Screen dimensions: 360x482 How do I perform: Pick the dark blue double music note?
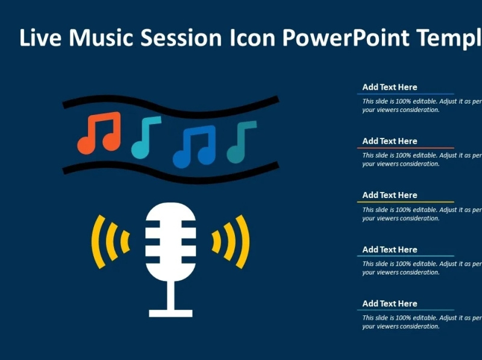pyautogui.click(x=195, y=146)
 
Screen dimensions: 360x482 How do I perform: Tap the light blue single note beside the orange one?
pyautogui.click(x=145, y=137)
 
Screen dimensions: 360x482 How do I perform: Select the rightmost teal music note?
pyautogui.click(x=240, y=142)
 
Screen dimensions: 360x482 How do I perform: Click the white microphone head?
pyautogui.click(x=171, y=241)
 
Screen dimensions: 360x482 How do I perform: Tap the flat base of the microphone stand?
pyautogui.click(x=171, y=313)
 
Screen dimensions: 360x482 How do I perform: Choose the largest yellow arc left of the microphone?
pyautogui.click(x=97, y=241)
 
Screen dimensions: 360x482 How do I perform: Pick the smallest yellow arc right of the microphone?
pyautogui.click(x=216, y=241)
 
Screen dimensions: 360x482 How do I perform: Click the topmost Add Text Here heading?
pyautogui.click(x=389, y=87)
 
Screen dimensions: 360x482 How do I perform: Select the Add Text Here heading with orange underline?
pyautogui.click(x=389, y=141)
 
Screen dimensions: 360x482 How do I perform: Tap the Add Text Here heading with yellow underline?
pyautogui.click(x=389, y=195)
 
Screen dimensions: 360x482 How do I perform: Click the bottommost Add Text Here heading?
pyautogui.click(x=389, y=303)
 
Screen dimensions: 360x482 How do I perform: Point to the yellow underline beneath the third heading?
pyautogui.click(x=405, y=202)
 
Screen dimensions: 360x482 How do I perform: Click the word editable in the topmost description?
pyautogui.click(x=425, y=102)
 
